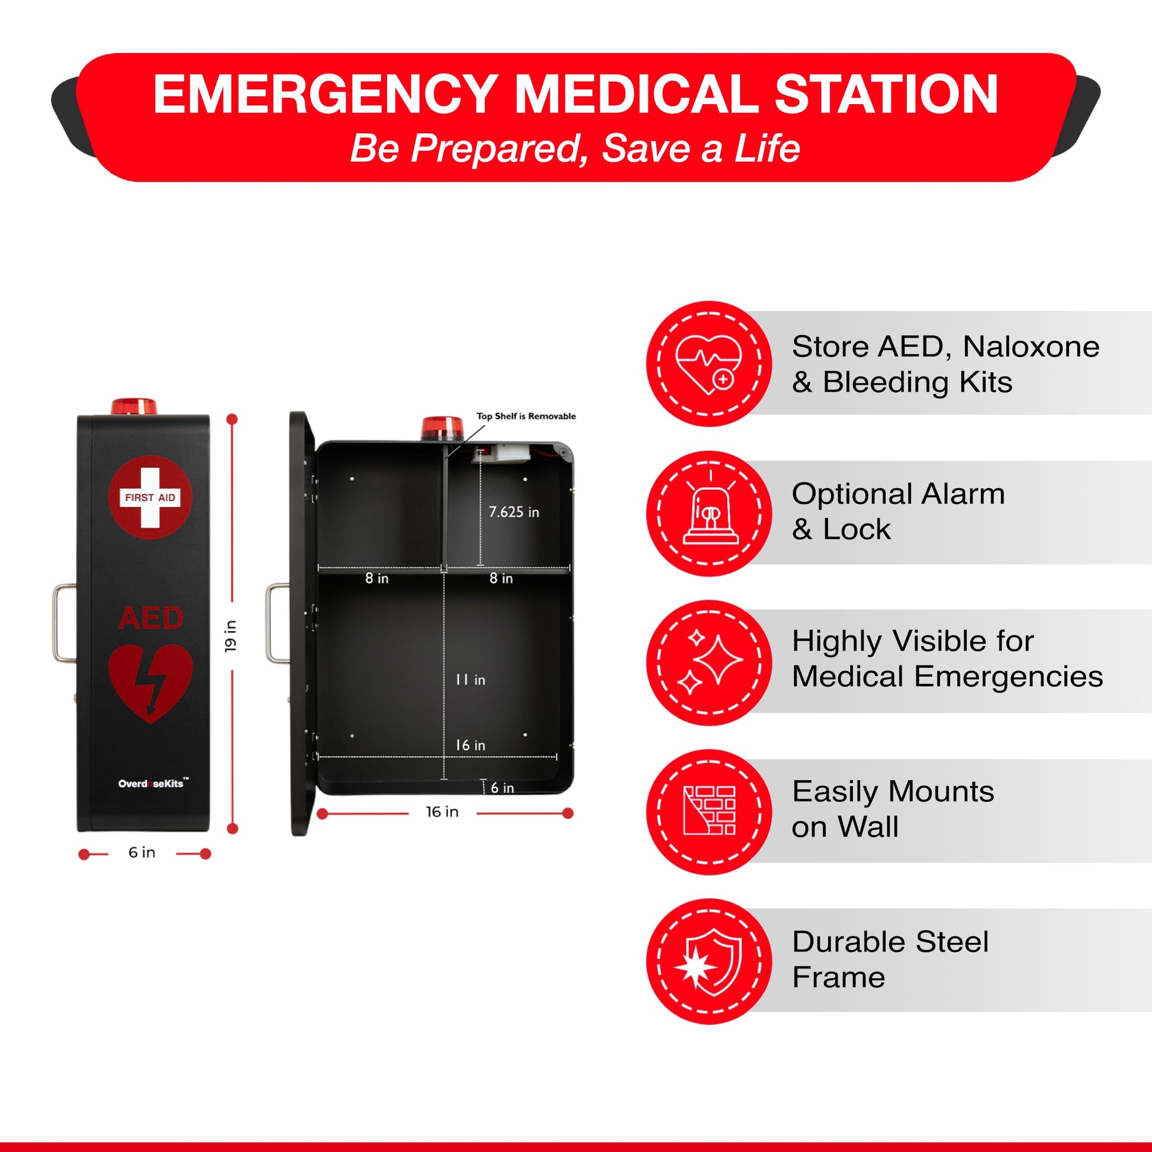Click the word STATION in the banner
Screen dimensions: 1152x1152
886,94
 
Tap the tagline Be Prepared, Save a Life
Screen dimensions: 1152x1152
575,148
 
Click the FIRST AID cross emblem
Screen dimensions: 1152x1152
150,497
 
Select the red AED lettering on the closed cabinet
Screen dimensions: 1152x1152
150,618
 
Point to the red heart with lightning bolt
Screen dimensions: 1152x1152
150,683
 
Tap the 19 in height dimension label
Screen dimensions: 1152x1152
231,636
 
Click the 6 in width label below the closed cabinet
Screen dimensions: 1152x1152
142,852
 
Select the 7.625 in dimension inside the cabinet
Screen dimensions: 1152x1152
513,511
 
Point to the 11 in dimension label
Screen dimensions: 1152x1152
470,679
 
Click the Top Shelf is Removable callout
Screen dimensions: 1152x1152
526,416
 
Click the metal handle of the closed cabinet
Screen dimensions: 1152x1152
64,623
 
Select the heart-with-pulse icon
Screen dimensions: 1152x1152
709,363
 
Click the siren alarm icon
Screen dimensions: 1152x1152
710,513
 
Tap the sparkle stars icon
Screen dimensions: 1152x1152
710,662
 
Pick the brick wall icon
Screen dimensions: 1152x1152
709,810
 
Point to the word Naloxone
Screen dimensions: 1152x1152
1031,346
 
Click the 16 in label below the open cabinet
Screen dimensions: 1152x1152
442,812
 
